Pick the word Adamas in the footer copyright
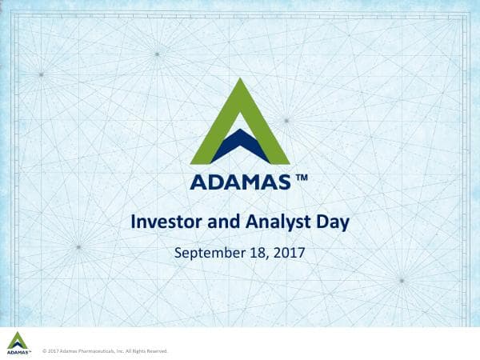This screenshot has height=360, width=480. point(66,350)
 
